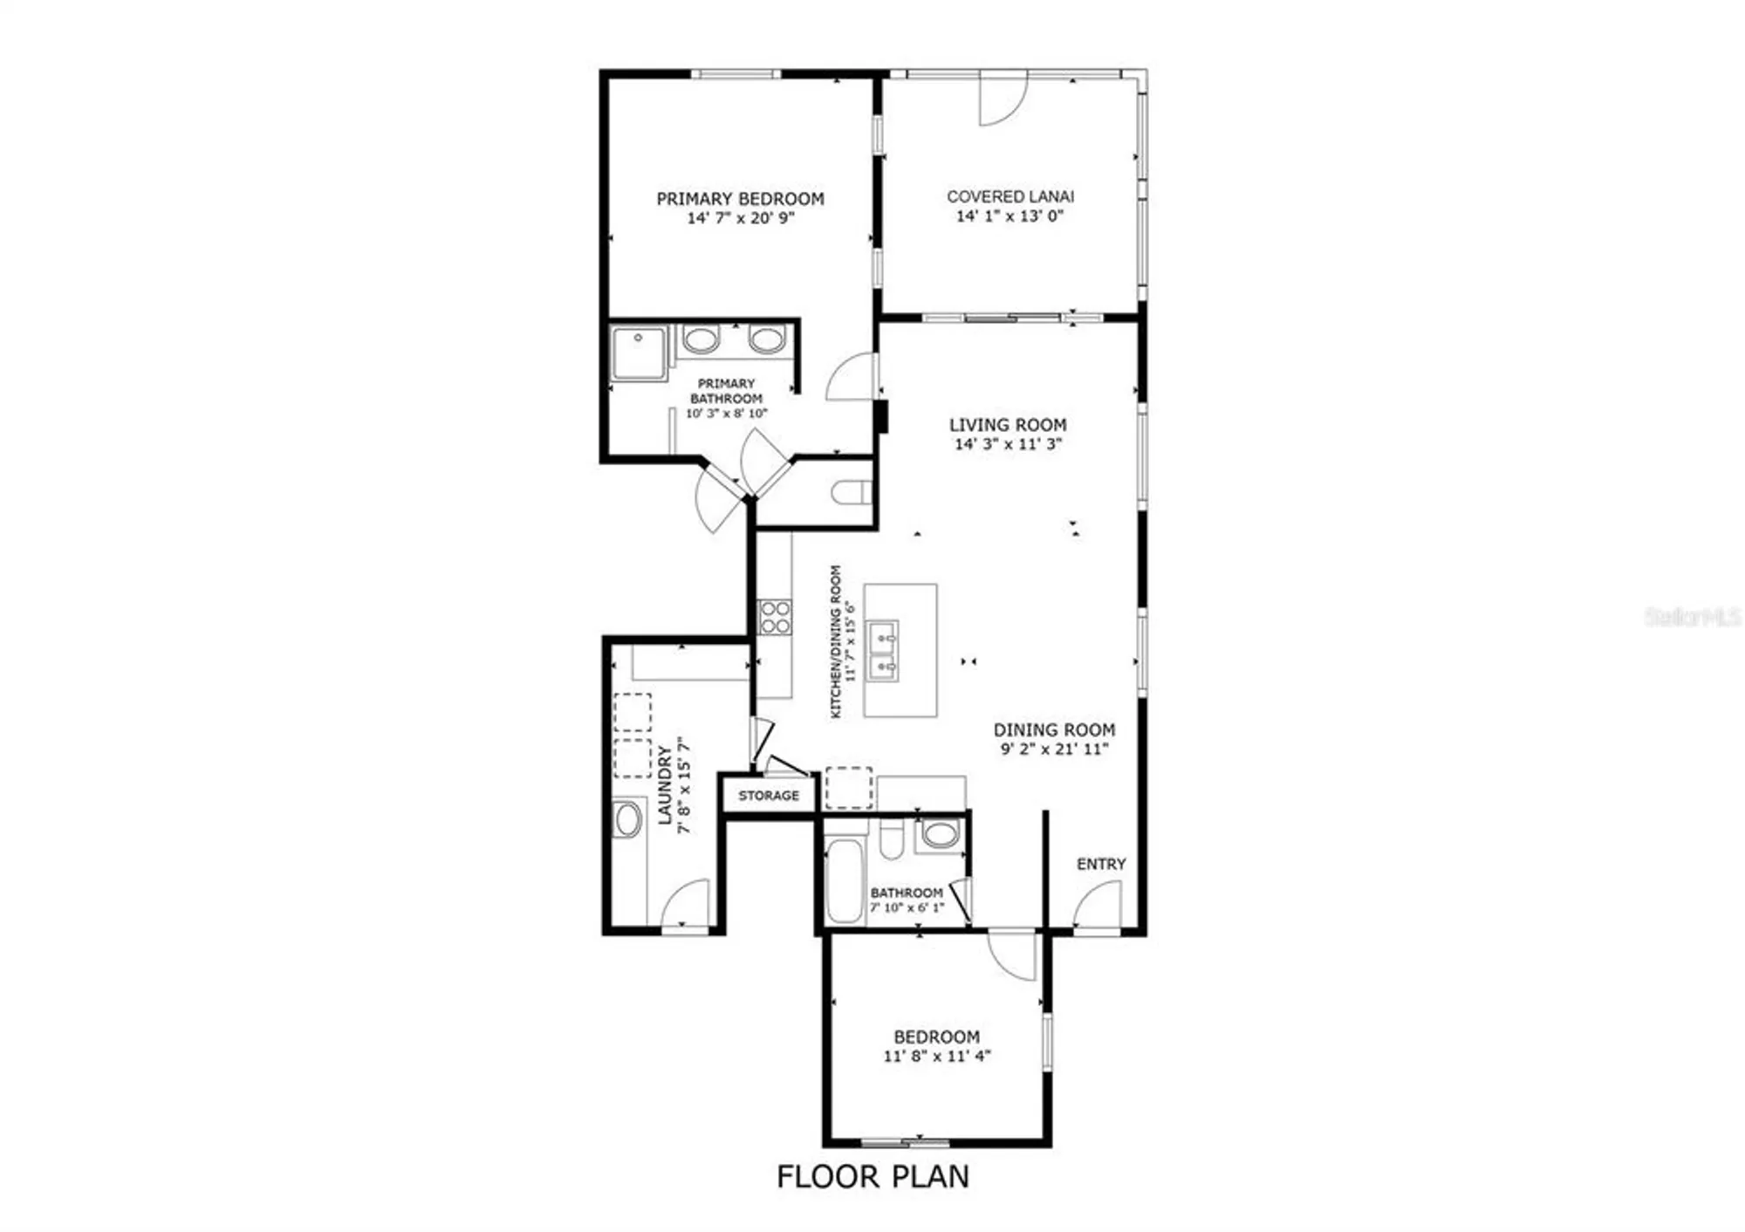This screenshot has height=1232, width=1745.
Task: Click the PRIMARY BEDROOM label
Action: [740, 199]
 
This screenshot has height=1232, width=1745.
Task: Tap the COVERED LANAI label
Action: [1010, 197]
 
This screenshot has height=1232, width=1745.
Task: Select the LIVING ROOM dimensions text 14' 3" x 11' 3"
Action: [1008, 444]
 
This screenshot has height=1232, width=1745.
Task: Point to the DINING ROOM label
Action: [1054, 730]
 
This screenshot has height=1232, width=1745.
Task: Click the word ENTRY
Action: [1101, 864]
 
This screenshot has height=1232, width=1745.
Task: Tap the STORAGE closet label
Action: [769, 796]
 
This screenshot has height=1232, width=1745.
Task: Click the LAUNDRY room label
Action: [665, 784]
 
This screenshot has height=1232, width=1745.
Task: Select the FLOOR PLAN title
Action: [872, 1177]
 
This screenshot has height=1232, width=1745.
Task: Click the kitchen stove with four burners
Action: [774, 617]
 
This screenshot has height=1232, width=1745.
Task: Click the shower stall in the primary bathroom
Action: [639, 352]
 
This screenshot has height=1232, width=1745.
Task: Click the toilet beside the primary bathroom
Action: [851, 493]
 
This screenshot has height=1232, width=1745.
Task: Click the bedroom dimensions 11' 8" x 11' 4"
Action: [937, 1056]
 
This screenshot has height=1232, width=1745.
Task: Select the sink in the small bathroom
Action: [940, 833]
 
